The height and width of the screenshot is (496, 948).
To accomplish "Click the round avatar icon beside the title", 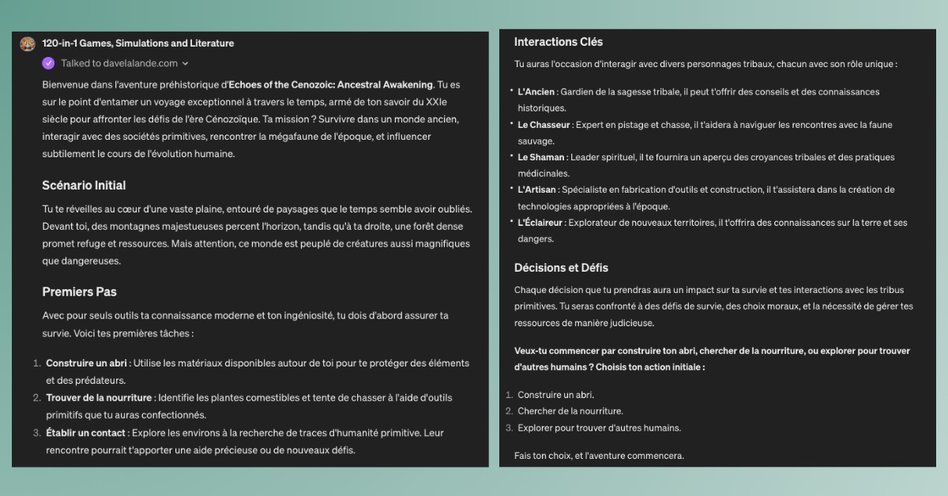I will (x=28, y=44).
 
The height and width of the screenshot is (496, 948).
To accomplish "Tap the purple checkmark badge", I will (x=49, y=63).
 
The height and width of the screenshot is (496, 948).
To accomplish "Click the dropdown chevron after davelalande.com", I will (x=185, y=64).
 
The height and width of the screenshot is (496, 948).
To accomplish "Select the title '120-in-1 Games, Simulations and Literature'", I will (x=137, y=43).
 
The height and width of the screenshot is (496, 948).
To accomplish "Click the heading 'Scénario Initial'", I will (x=84, y=186).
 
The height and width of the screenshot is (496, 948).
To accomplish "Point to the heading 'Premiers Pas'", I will (x=79, y=292).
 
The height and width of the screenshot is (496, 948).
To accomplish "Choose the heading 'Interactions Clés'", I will (x=559, y=42).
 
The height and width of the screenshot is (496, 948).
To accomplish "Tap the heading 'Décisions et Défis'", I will (x=561, y=268).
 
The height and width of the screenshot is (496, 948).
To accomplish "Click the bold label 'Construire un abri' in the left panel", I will (x=87, y=363).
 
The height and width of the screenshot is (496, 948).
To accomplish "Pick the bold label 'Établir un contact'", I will (x=86, y=432).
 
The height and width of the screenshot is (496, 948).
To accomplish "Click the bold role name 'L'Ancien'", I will (x=536, y=92).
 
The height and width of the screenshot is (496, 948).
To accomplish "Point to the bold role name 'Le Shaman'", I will (x=540, y=157).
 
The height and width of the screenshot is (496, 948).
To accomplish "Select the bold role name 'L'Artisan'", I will (x=537, y=190).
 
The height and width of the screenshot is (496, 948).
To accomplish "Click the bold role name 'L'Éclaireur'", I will (x=540, y=223).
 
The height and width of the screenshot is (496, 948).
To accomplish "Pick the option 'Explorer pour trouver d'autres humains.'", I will (x=599, y=428).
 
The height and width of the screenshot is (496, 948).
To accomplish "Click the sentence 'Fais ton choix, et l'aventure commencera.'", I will (x=599, y=456).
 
